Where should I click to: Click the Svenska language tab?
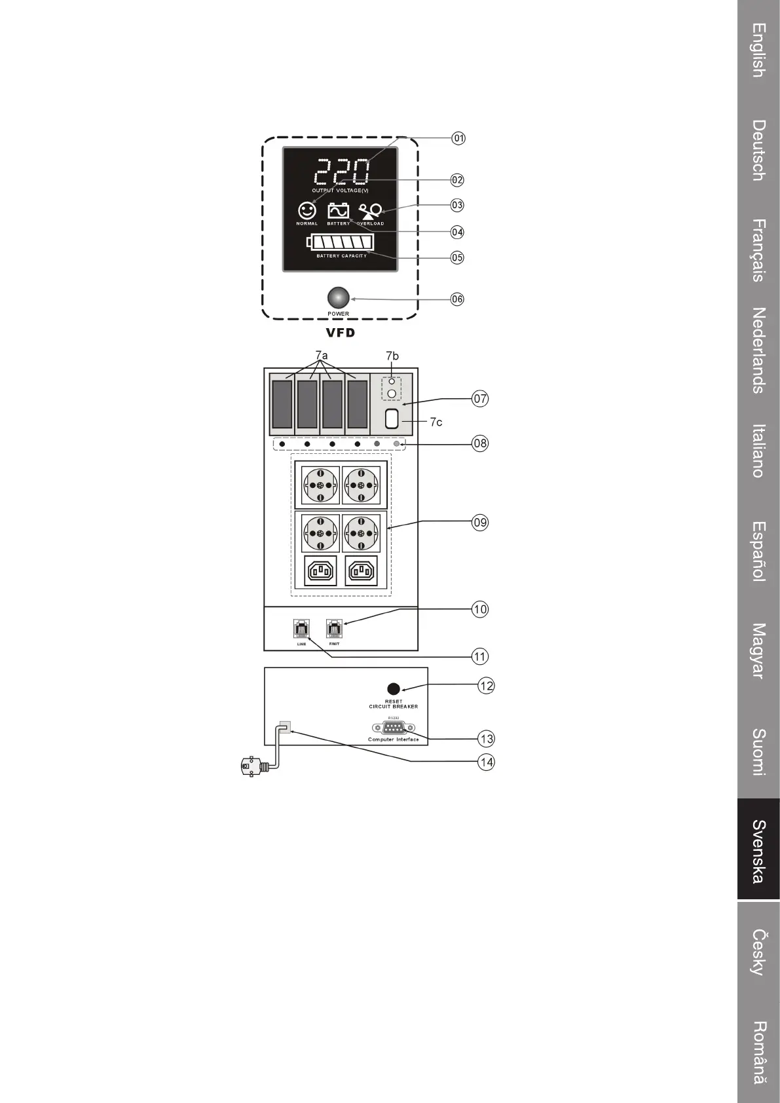(x=758, y=850)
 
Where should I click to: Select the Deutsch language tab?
(x=758, y=149)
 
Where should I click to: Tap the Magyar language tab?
(x=758, y=650)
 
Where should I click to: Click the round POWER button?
(x=339, y=298)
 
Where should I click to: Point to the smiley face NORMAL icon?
(x=307, y=210)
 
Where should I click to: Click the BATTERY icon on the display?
(x=338, y=211)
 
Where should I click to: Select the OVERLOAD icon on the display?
(x=371, y=212)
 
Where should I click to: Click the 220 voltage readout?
(x=342, y=172)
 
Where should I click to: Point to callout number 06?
(x=457, y=299)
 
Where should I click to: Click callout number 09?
(x=480, y=522)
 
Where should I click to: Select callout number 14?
(x=486, y=762)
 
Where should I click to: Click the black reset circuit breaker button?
(x=394, y=689)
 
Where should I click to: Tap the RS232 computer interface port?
(x=394, y=728)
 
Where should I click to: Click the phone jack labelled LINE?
(x=302, y=629)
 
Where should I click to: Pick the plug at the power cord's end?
(x=249, y=766)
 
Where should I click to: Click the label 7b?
(x=392, y=356)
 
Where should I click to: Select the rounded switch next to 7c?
(x=392, y=419)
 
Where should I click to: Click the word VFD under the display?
(x=341, y=333)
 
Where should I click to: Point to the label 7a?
(x=321, y=356)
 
